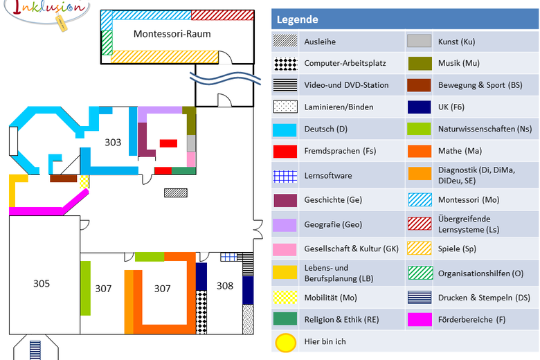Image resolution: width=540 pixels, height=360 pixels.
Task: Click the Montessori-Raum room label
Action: (x=172, y=33)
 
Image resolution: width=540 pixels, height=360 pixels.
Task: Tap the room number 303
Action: (x=113, y=143)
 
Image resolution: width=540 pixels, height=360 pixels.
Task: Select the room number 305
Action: (x=42, y=283)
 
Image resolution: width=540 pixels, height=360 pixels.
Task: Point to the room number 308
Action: (x=225, y=285)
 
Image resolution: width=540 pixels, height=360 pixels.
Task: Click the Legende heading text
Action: (x=297, y=20)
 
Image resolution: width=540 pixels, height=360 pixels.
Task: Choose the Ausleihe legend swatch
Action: (x=285, y=42)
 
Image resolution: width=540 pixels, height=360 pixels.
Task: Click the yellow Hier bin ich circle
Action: (x=285, y=342)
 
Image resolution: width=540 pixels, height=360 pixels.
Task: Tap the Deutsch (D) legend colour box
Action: (x=285, y=129)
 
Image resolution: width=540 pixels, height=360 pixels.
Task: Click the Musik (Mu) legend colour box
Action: (x=420, y=64)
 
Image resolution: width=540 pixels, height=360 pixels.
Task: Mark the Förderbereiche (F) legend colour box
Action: (x=420, y=319)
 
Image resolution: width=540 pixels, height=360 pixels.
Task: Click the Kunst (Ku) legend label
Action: (x=456, y=42)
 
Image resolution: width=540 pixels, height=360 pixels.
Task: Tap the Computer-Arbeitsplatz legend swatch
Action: (x=285, y=64)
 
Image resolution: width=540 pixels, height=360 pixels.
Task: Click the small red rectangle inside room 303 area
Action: (x=168, y=143)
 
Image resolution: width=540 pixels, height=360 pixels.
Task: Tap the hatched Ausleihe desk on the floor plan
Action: (x=176, y=192)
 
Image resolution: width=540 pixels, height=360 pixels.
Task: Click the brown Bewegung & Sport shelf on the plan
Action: (x=63, y=178)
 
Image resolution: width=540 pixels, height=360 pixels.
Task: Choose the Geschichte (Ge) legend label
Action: (x=333, y=200)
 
